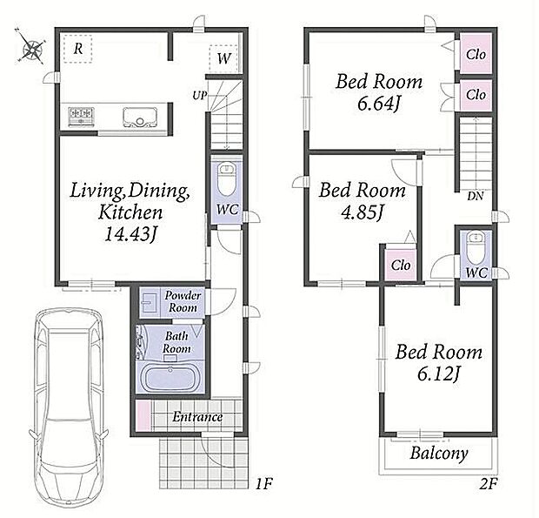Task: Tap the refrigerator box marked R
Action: [x=78, y=50]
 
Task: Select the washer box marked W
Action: [x=223, y=58]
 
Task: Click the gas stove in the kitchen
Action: [x=82, y=116]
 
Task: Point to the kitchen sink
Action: [x=141, y=118]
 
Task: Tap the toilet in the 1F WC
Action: [x=227, y=179]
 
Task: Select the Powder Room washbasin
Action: [x=150, y=304]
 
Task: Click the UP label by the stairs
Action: [x=200, y=95]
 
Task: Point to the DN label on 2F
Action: [x=475, y=196]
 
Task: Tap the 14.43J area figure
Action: [x=130, y=234]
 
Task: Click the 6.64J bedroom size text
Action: [x=379, y=104]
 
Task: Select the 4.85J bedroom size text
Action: [x=362, y=212]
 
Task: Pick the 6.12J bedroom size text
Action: [x=439, y=373]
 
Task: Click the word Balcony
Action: [x=439, y=454]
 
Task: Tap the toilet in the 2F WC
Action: [x=476, y=247]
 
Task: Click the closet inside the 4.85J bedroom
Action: [x=401, y=265]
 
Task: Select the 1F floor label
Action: [x=263, y=484]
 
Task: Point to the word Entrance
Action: [x=197, y=417]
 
